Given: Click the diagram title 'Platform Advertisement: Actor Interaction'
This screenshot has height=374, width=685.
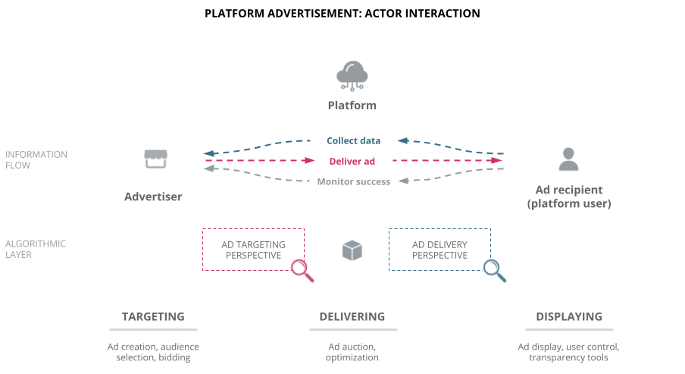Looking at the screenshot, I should pyautogui.click(x=342, y=14).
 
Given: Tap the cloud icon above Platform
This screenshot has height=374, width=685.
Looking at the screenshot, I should pyautogui.click(x=352, y=76).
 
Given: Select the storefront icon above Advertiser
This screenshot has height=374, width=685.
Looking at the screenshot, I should pyautogui.click(x=155, y=159).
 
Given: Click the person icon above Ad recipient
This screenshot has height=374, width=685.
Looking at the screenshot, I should pyautogui.click(x=568, y=159).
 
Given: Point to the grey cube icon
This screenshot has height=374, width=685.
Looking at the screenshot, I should pyautogui.click(x=352, y=250).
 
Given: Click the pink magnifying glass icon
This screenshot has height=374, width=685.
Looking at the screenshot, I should pyautogui.click(x=302, y=270).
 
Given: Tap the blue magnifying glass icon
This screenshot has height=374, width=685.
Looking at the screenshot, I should pyautogui.click(x=494, y=270).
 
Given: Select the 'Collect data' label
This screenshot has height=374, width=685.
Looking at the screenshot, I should pyautogui.click(x=353, y=140).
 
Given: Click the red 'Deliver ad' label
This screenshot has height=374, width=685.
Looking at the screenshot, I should pyautogui.click(x=352, y=161).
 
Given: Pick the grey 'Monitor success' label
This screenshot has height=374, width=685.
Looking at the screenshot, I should pyautogui.click(x=353, y=181).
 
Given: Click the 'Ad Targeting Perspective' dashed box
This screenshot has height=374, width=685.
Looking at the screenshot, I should pyautogui.click(x=253, y=250).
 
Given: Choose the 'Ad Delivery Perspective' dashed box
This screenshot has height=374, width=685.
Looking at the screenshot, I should pyautogui.click(x=439, y=250).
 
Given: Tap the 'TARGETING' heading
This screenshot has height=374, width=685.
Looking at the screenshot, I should pyautogui.click(x=153, y=316).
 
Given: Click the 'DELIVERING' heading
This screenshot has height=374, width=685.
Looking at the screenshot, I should pyautogui.click(x=352, y=316).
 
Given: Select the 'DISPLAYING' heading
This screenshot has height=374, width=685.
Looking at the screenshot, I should pyautogui.click(x=568, y=316).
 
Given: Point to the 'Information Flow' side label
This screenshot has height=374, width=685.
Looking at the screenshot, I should pyautogui.click(x=36, y=160).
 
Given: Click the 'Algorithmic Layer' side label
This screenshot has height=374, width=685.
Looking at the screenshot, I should pyautogui.click(x=36, y=250).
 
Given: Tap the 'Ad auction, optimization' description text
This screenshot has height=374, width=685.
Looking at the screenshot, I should pyautogui.click(x=352, y=352).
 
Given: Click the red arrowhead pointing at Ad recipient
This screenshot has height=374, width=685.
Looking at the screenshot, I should pyautogui.click(x=496, y=161).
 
